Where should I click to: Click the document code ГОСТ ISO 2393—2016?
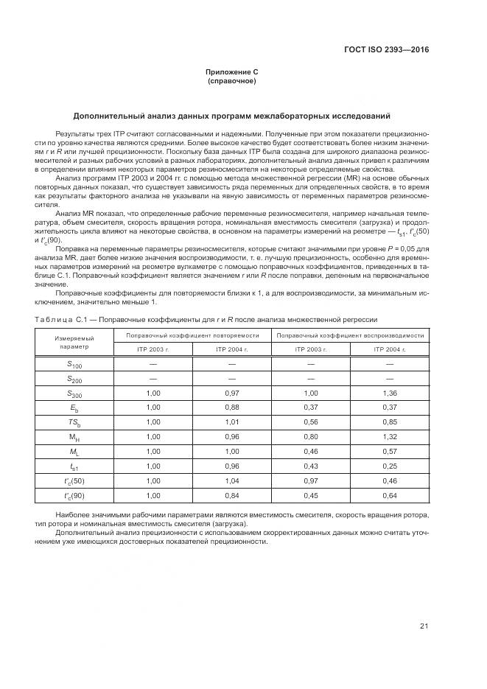(x=386, y=51)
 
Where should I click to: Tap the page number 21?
(x=424, y=626)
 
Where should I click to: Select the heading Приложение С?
(x=232, y=72)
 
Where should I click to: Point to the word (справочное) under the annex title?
(x=232, y=81)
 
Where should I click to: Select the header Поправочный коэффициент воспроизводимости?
(x=350, y=335)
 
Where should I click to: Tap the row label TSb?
(x=74, y=422)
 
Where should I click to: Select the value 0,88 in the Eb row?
(x=231, y=407)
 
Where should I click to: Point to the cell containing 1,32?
(x=389, y=436)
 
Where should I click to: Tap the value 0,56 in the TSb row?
(x=310, y=422)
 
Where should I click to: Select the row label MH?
(x=74, y=436)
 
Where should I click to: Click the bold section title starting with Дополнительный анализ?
(x=232, y=116)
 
